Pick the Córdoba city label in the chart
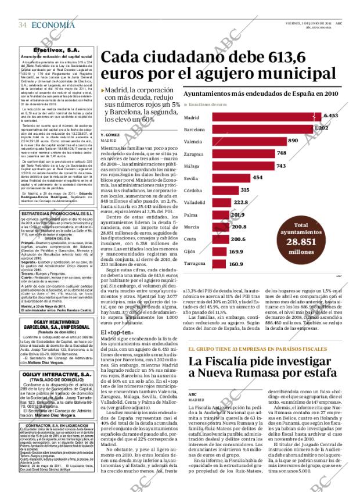[x=193, y=190]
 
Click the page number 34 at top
[x=23, y=24]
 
